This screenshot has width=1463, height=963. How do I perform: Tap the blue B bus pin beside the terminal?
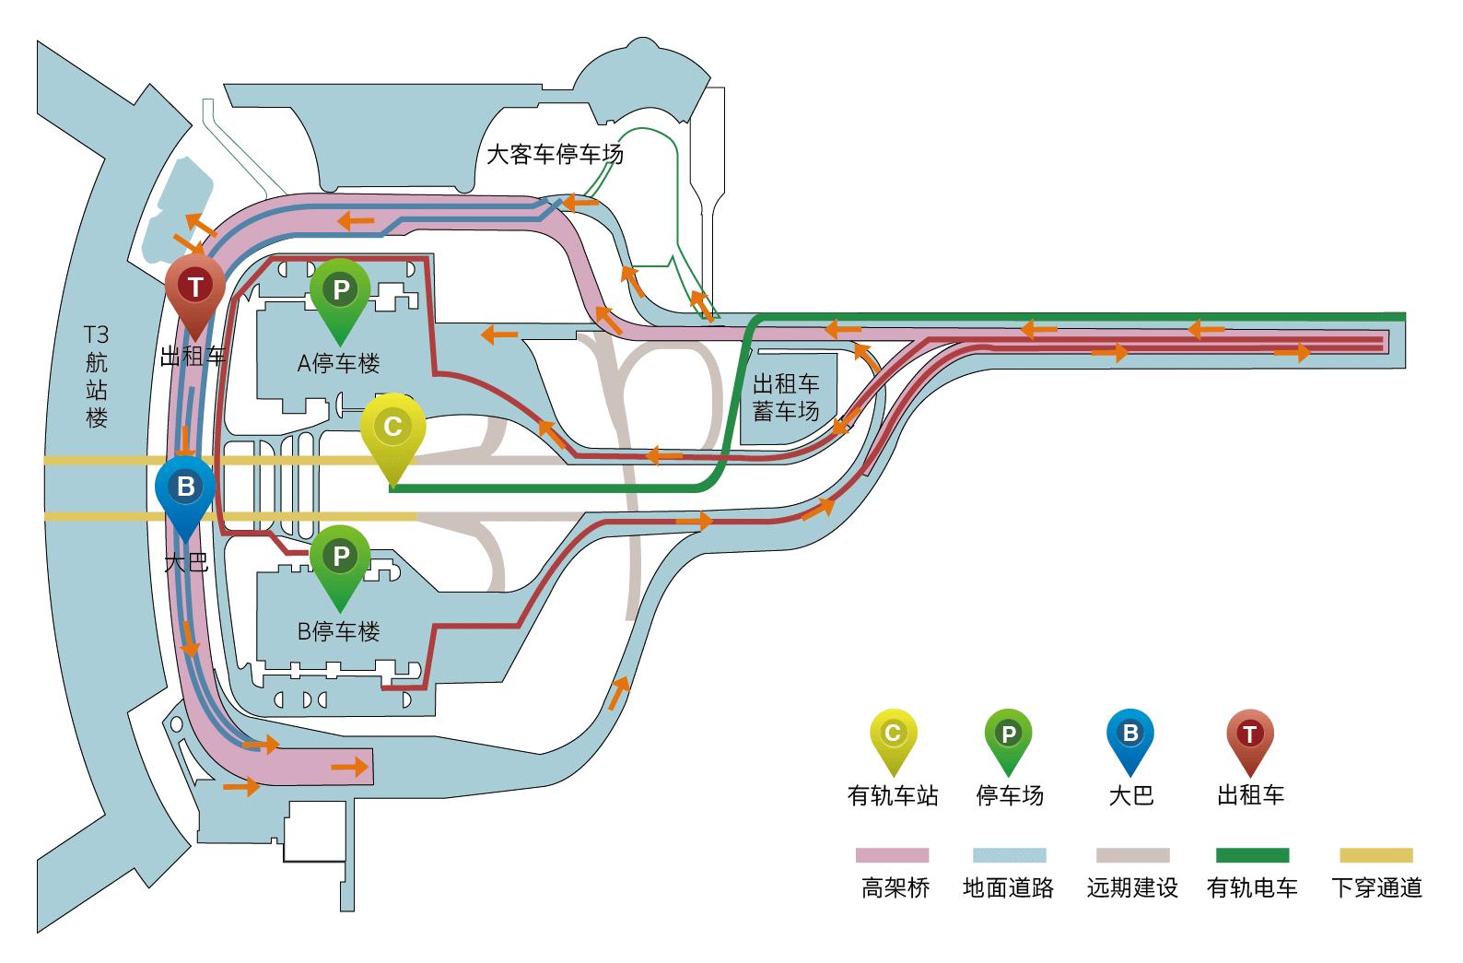[185, 488]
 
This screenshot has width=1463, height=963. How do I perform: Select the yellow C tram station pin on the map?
[392, 429]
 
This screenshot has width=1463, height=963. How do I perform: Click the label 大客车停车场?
[555, 154]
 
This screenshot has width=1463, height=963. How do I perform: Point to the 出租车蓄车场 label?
[786, 397]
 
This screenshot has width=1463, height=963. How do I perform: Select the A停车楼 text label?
[338, 363]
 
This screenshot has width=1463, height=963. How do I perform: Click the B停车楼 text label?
[338, 632]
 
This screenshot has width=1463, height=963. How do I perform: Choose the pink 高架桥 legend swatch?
[892, 855]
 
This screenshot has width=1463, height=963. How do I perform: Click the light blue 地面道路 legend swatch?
[1009, 855]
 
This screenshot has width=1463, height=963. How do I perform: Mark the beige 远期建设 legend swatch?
[1132, 855]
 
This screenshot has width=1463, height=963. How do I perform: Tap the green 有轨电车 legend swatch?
[1252, 855]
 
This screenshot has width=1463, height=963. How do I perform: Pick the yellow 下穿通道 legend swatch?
[1375, 855]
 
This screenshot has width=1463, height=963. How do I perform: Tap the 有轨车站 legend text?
[892, 795]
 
